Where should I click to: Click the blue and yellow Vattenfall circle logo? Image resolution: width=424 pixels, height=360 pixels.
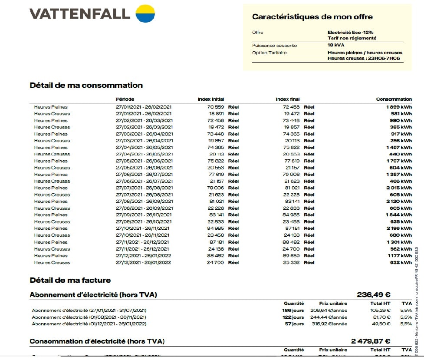pyautogui.click(x=145, y=13)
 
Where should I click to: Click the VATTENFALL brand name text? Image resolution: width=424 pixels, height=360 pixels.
pyautogui.click(x=80, y=14)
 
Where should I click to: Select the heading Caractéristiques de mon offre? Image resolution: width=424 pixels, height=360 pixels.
pyautogui.click(x=312, y=17)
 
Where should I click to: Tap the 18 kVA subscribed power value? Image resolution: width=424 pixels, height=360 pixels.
pyautogui.click(x=336, y=45)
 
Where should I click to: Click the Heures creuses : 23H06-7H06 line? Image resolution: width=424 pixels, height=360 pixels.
pyautogui.click(x=364, y=58)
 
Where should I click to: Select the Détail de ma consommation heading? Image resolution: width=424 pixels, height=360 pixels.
pyautogui.click(x=86, y=86)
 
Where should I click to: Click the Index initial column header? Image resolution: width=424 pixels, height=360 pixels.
pyautogui.click(x=210, y=99)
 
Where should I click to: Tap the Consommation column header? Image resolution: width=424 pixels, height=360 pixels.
pyautogui.click(x=394, y=99)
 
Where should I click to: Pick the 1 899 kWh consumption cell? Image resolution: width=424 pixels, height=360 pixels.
pyautogui.click(x=399, y=107)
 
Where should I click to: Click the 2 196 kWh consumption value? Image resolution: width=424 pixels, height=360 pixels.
pyautogui.click(x=399, y=228)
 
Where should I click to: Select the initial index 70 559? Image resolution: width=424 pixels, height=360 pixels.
pyautogui.click(x=216, y=107)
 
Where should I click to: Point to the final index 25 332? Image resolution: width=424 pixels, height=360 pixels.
pyautogui.click(x=291, y=263)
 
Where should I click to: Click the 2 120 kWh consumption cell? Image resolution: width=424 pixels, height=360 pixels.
pyautogui.click(x=399, y=201)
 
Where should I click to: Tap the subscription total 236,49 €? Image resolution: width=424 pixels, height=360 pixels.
pyautogui.click(x=373, y=295)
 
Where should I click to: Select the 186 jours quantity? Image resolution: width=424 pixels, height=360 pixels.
pyautogui.click(x=293, y=311)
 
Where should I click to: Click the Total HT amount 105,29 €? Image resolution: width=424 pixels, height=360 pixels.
pyautogui.click(x=382, y=311)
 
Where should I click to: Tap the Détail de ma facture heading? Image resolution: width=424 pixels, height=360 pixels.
pyautogui.click(x=70, y=280)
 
